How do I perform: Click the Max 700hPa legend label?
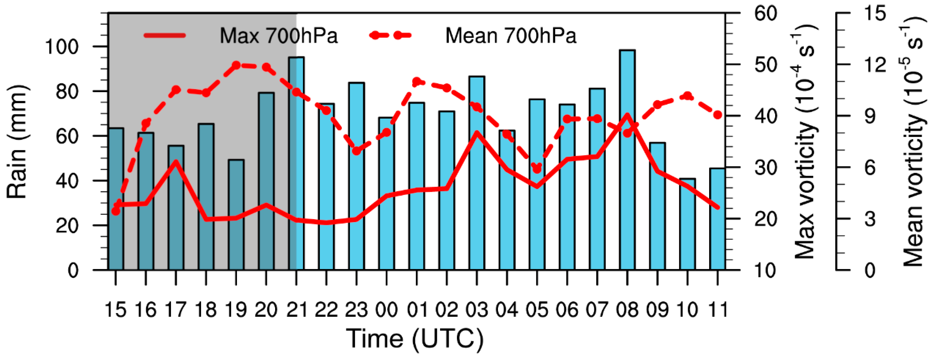279,36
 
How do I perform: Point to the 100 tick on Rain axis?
61,47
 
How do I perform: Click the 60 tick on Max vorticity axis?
766,13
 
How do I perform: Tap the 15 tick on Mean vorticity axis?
875,13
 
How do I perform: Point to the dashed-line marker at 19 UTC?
236,65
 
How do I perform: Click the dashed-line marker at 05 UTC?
537,169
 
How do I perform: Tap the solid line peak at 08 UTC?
627,115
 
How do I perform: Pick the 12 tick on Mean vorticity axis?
875,65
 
